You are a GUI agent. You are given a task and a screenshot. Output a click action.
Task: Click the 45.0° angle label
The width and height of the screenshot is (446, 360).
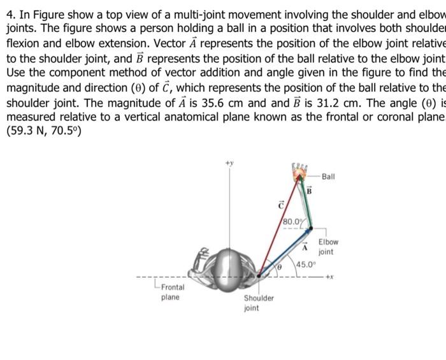305,264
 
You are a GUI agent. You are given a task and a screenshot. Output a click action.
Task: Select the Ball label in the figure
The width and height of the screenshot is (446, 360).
329,176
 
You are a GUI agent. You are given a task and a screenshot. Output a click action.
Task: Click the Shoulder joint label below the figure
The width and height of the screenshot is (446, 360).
259,303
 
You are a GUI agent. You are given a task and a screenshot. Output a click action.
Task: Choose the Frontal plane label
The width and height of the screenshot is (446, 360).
170,292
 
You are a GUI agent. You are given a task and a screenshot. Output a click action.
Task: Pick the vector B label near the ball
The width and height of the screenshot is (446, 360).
310,191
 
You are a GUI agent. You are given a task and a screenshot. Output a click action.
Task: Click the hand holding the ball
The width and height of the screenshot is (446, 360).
299,173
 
